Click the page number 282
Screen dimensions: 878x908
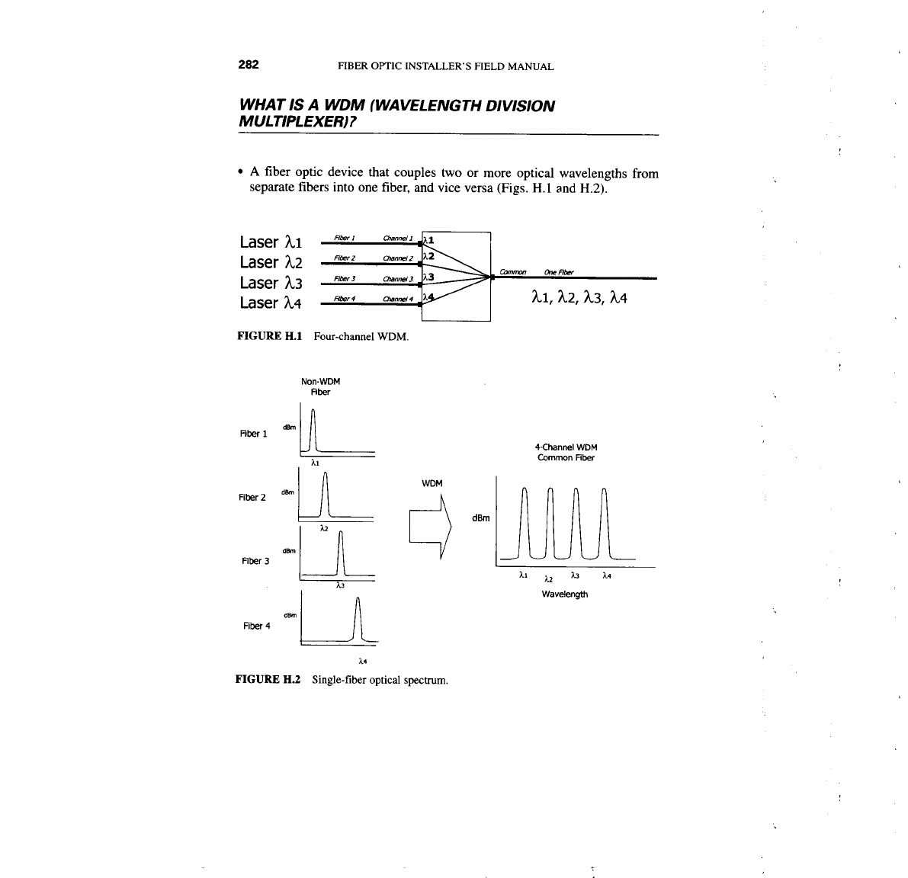pos(249,65)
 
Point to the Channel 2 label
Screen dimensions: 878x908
pos(398,258)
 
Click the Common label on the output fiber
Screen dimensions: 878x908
pos(513,272)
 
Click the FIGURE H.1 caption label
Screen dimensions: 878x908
pos(270,336)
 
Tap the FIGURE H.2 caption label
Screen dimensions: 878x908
pos(270,679)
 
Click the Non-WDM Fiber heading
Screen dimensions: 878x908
pos(319,387)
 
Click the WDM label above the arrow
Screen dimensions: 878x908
pos(432,483)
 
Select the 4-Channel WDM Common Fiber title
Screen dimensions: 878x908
pos(566,453)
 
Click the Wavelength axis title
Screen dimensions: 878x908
pos(564,594)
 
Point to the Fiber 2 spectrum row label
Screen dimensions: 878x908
pos(253,498)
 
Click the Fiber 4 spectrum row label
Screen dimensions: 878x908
pos(256,626)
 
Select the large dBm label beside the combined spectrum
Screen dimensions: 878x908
pos(480,518)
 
